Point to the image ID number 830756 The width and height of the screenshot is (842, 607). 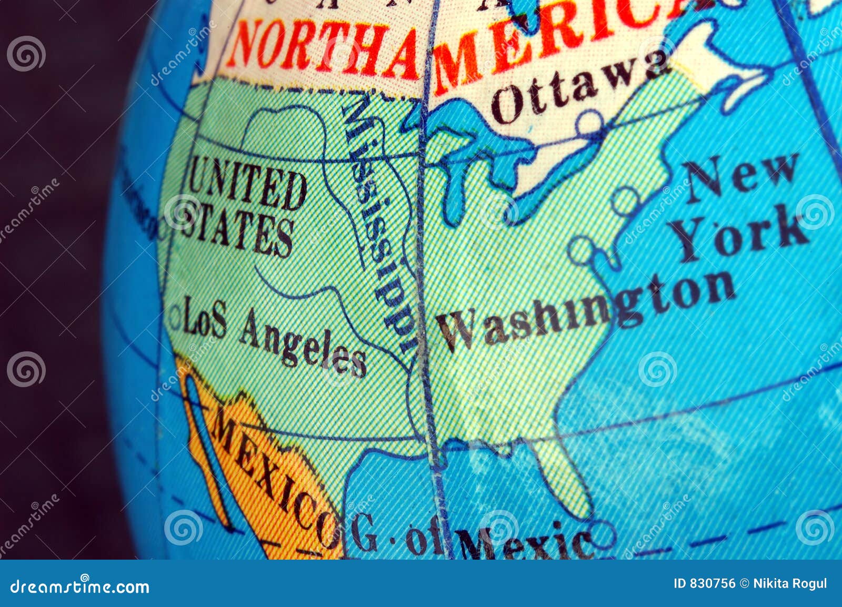[705, 583]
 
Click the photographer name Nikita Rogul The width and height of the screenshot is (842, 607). [790, 583]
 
